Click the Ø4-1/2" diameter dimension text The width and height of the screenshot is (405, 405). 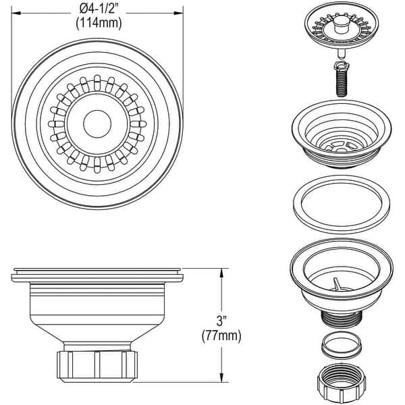click(x=98, y=9)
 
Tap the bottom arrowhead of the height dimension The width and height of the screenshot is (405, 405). click(x=221, y=382)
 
